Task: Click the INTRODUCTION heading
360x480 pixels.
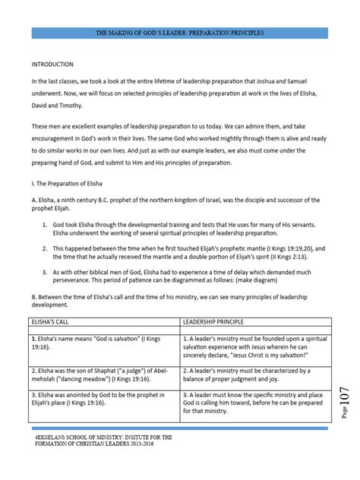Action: point(53,64)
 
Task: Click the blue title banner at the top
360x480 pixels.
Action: point(179,34)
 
